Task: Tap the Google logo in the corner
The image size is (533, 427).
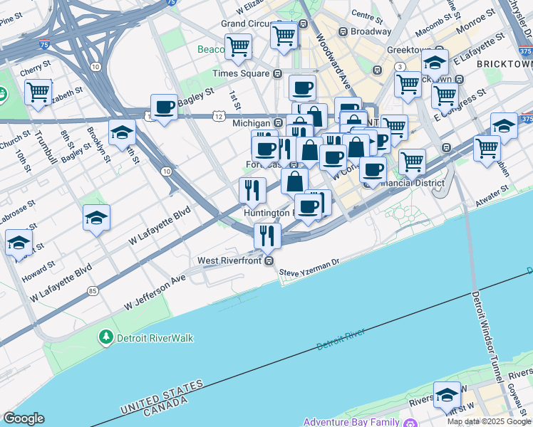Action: (x=24, y=418)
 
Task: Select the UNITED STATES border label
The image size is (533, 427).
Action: (x=162, y=396)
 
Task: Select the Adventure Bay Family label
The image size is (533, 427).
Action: (x=351, y=422)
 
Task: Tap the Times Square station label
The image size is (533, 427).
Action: (x=242, y=73)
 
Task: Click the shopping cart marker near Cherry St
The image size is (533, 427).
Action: (x=38, y=90)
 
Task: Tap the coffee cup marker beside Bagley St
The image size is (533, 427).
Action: (x=165, y=107)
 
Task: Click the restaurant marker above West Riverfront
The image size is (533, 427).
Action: (x=267, y=235)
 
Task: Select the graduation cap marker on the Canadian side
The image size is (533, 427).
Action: (x=447, y=395)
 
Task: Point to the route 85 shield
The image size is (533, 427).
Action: (x=93, y=291)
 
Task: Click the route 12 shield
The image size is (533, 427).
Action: (x=217, y=115)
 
